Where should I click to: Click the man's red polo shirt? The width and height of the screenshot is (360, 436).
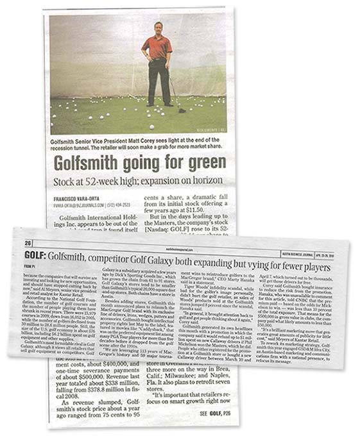(x=157, y=47)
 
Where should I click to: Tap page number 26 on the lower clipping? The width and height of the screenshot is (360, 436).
(x=30, y=242)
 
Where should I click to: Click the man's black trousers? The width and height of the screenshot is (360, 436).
(x=158, y=81)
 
